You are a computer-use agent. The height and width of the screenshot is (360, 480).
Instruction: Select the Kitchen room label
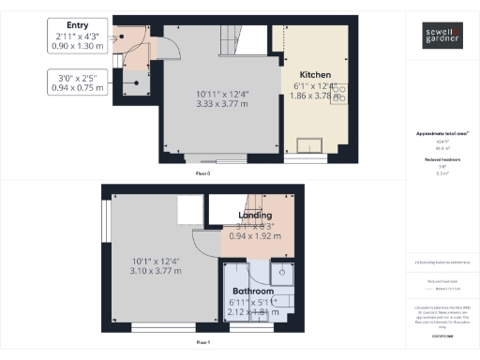[x=315, y=73]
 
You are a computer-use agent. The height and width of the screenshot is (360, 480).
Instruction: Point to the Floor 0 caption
[x=202, y=174]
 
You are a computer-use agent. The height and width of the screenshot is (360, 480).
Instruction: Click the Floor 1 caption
[x=202, y=343]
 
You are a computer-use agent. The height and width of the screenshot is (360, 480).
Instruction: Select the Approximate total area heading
[x=442, y=134]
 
